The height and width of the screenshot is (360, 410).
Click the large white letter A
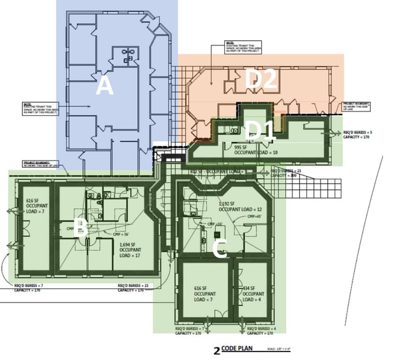tap(105, 88)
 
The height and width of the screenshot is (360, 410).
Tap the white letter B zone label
tap(80, 229)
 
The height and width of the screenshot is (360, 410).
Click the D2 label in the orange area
tap(262, 79)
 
